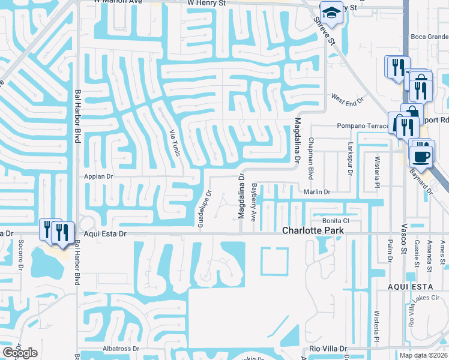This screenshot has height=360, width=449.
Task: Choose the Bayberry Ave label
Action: [x=254, y=202]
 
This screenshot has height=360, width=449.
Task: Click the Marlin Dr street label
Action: [x=317, y=191]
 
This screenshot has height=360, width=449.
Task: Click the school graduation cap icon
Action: [x=330, y=12]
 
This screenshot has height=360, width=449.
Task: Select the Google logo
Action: [x=20, y=353]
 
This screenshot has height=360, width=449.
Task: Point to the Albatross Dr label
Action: [x=121, y=348]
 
